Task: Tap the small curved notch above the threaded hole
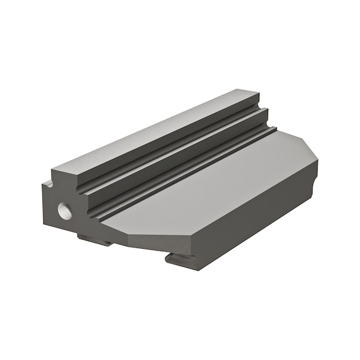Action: tap(47, 184)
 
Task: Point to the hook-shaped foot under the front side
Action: tap(181, 256)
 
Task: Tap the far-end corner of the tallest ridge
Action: tap(253, 92)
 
